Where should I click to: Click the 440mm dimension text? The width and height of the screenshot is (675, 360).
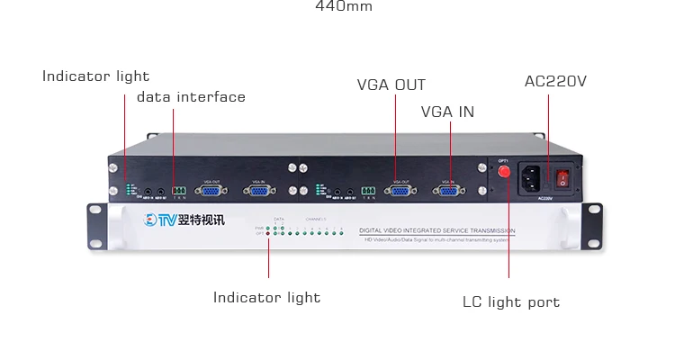[343, 6]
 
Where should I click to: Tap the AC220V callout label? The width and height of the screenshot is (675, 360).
[555, 82]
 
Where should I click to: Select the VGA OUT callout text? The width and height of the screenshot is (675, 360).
[391, 85]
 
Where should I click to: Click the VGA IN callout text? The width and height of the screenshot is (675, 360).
[447, 112]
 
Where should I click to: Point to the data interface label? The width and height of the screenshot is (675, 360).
[191, 97]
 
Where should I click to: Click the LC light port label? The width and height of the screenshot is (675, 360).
[510, 302]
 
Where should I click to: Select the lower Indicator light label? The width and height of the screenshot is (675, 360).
[266, 297]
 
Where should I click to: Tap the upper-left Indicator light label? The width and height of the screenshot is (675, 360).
[95, 76]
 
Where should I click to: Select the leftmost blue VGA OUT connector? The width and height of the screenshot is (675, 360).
[211, 189]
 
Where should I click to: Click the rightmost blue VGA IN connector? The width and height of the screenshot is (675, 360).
[447, 189]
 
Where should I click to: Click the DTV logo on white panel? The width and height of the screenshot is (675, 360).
[160, 220]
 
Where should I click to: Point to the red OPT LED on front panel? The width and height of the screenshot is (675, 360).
[269, 233]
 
